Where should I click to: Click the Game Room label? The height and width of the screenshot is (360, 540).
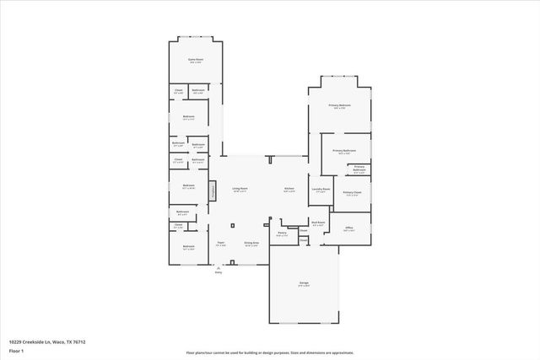coord(196,59)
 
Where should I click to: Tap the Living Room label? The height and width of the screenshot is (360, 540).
coord(240,189)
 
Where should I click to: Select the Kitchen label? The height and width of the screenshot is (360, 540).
coord(289,189)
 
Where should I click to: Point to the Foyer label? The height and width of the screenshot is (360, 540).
coord(220,242)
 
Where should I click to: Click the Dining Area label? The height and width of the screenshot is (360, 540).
coord(251,242)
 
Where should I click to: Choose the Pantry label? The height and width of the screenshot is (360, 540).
coord(282,234)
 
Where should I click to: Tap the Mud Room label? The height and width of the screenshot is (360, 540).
coord(317,223)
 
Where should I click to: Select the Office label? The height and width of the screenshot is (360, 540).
coord(348,228)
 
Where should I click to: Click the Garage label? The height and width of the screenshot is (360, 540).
coord(303,284)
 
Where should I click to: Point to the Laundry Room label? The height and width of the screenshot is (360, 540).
coord(320,189)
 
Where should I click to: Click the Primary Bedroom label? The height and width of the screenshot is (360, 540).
coord(339,105)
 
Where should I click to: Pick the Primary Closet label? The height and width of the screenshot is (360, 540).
coord(352,193)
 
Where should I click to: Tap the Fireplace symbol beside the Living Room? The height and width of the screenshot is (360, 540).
coord(213,191)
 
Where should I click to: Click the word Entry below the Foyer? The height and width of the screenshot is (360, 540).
coord(218,272)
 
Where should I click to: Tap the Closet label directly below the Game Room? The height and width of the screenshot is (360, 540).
coord(179,89)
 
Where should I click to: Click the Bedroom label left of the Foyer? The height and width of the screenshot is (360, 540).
coord(188,246)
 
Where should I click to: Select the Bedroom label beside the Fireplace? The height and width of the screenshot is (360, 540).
coord(188,185)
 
